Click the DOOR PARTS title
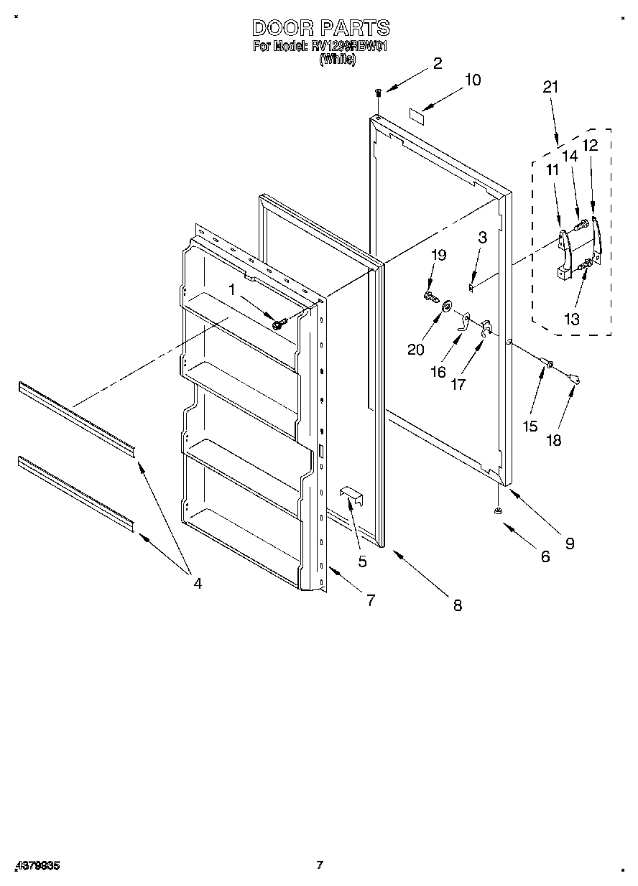click(320, 28)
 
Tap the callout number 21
click(550, 87)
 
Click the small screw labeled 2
click(377, 92)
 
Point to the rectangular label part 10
click(417, 113)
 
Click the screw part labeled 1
click(279, 323)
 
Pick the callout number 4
click(197, 583)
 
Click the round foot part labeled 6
click(496, 511)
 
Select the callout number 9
click(569, 544)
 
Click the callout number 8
click(457, 605)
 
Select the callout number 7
click(371, 600)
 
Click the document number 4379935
click(37, 867)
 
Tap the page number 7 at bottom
click(320, 865)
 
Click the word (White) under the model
click(337, 60)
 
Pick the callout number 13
click(572, 320)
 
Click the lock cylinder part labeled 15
click(546, 364)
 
